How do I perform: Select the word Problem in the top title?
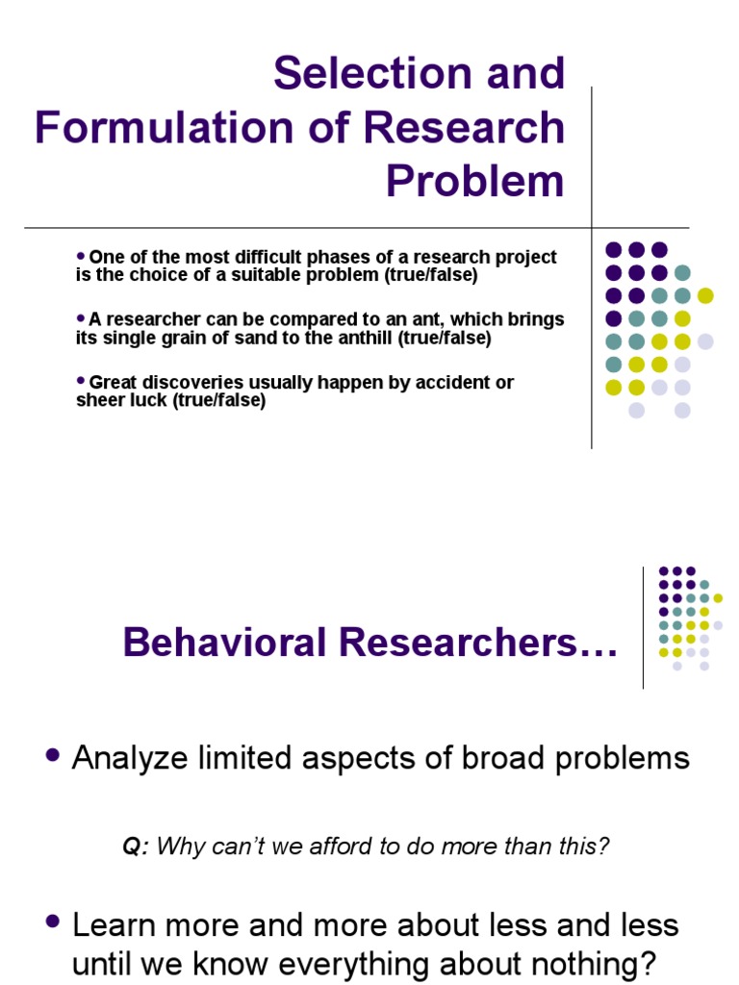(x=474, y=180)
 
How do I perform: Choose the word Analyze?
(x=131, y=758)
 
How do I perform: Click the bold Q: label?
(x=135, y=846)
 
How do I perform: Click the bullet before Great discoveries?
(x=81, y=381)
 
